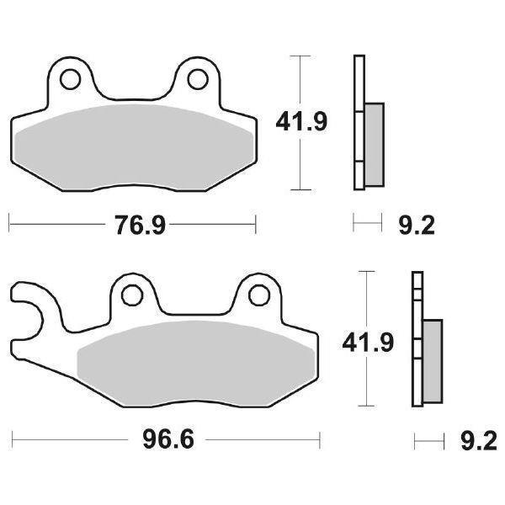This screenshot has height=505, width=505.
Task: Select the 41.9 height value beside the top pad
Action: click(x=301, y=123)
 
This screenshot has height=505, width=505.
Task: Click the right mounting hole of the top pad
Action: click(x=198, y=79)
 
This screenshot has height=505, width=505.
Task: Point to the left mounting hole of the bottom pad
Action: click(x=131, y=295)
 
